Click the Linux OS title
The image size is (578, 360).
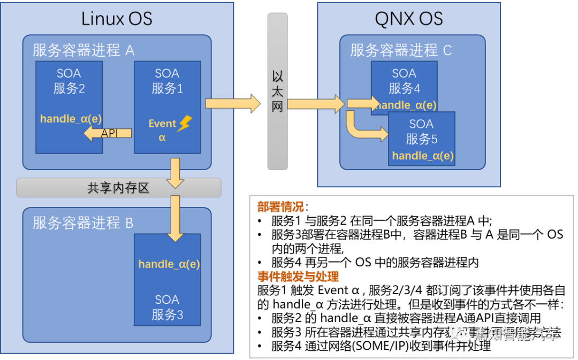117,19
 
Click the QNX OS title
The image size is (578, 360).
409,19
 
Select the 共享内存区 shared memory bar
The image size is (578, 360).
118,188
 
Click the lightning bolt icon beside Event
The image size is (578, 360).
184,124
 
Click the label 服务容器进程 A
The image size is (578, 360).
83,50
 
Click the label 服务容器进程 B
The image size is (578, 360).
83,223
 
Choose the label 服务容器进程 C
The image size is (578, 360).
401,50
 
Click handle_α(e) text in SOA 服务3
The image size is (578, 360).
169,264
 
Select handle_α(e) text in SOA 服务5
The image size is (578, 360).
423,156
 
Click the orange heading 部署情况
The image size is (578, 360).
281,206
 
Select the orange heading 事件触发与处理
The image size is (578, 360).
298,277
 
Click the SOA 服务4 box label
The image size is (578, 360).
404,81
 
